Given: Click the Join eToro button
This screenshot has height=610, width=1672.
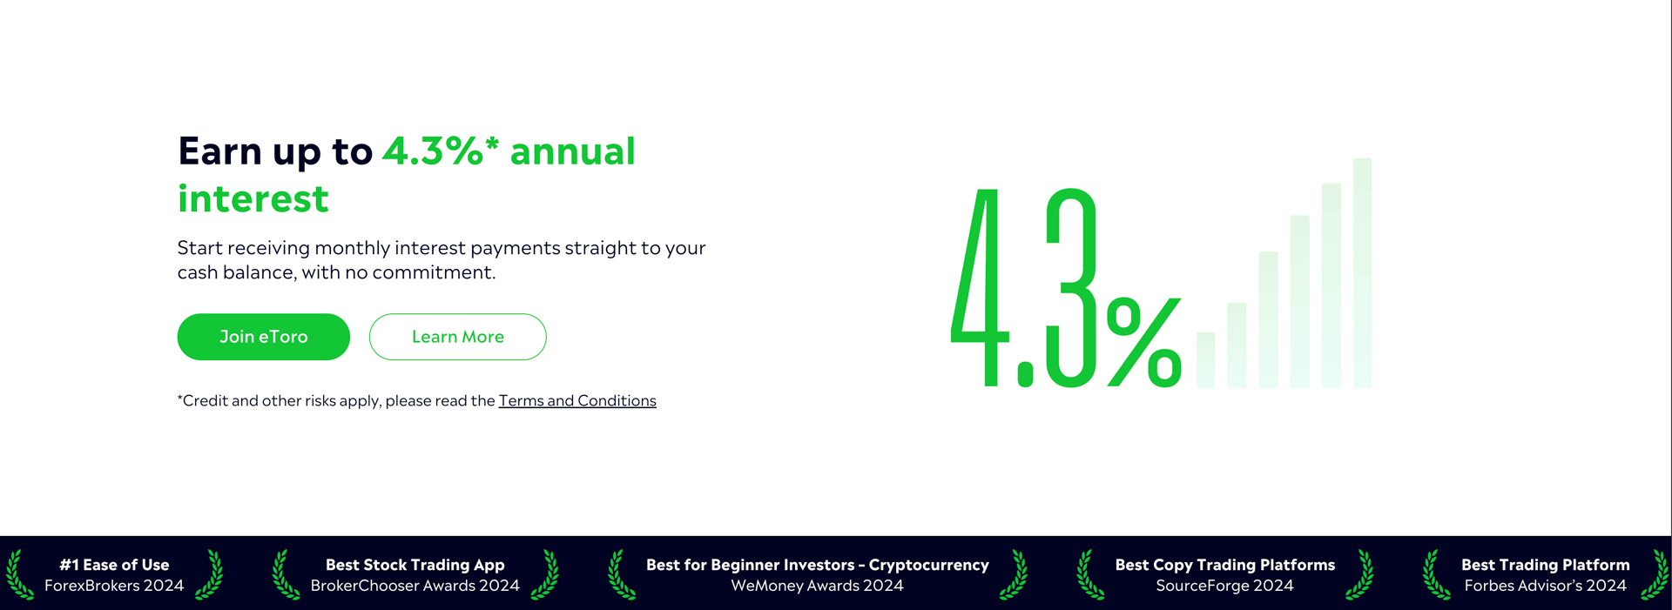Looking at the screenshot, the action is [x=264, y=337].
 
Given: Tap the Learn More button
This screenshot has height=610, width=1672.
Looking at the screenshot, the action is [x=458, y=337].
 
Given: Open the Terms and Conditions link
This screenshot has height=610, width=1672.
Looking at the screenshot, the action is [x=577, y=400].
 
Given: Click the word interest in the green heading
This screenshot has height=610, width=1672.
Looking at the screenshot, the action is [x=253, y=198].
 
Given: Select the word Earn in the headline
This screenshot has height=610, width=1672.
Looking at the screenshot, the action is [x=220, y=151].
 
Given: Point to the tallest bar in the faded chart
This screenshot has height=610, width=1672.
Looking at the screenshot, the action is [x=1363, y=272].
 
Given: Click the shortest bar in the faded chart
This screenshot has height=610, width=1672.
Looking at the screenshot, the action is [x=1206, y=359].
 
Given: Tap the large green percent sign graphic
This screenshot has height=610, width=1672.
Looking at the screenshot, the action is [x=1144, y=342].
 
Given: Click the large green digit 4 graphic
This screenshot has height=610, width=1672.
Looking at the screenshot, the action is [x=980, y=287].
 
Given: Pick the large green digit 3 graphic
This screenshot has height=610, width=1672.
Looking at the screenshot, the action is [x=1070, y=287].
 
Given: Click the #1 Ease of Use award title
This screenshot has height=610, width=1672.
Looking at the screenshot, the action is [x=114, y=565].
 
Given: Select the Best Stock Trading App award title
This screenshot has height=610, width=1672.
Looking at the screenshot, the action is [x=415, y=565].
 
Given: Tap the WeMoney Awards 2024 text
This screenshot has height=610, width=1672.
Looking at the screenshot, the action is [x=818, y=586].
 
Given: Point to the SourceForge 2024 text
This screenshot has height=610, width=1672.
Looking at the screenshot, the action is [x=1225, y=586].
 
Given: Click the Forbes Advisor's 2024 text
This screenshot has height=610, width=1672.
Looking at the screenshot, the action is [x=1546, y=586].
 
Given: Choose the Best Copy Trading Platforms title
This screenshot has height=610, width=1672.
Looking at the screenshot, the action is [x=1225, y=565].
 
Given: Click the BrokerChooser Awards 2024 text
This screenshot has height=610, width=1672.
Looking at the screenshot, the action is [x=415, y=586].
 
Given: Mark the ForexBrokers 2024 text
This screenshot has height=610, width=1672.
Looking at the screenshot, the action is [x=114, y=586].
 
